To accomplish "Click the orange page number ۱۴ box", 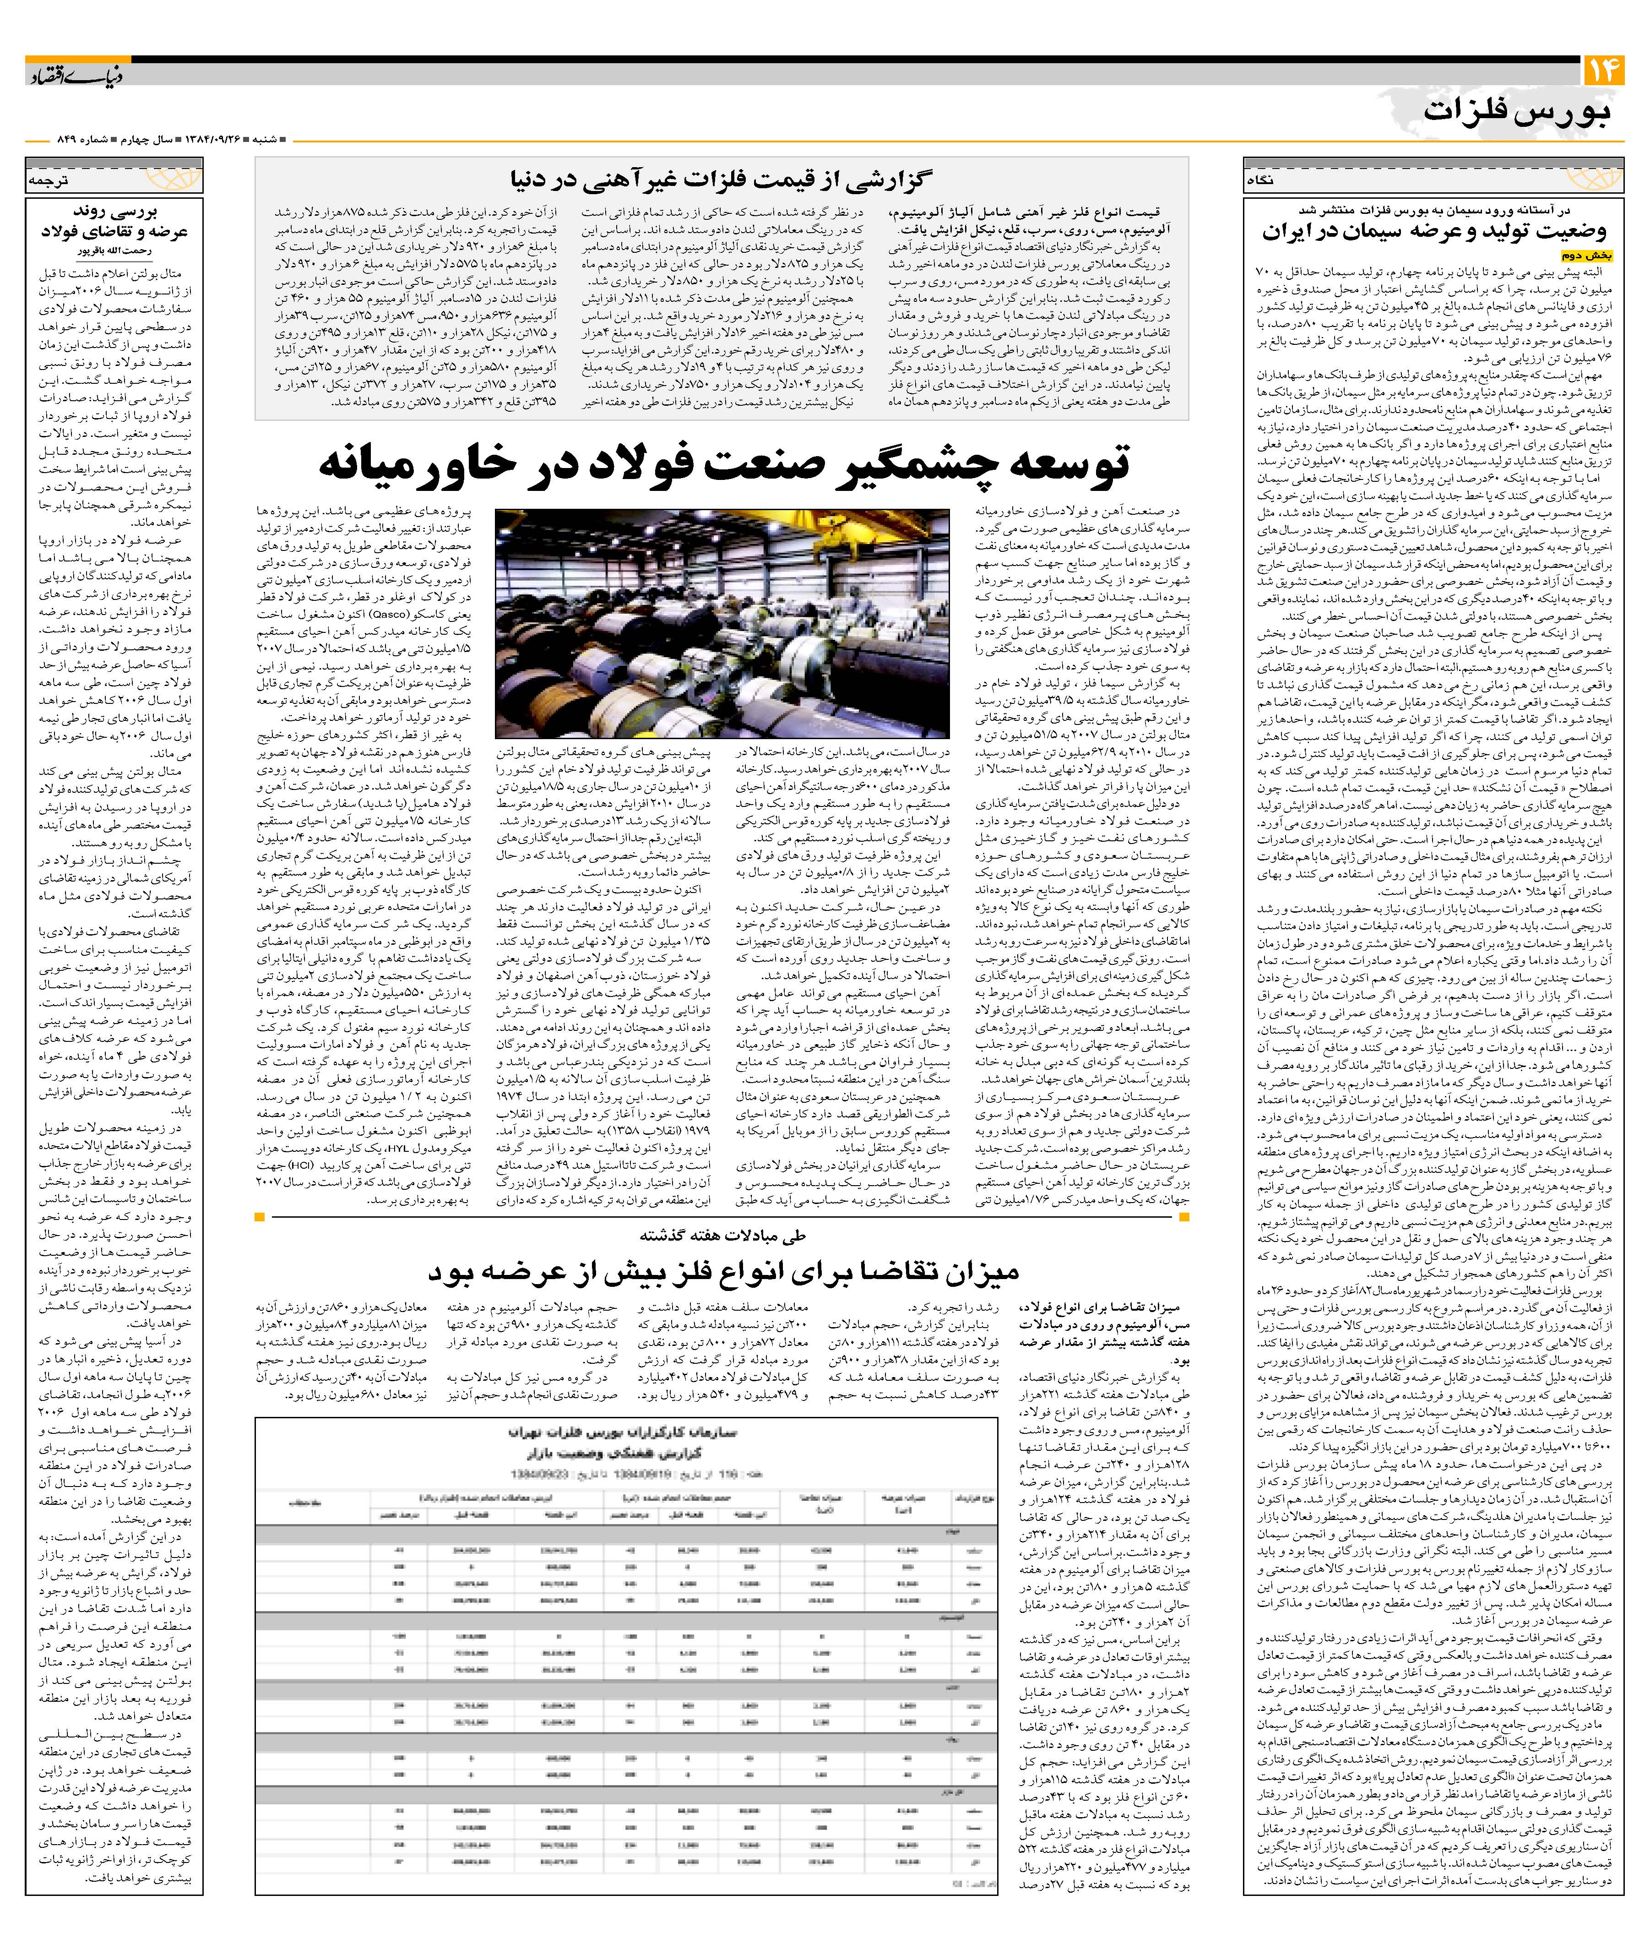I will point(1603,71).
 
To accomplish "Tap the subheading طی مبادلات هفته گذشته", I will point(722,1236).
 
